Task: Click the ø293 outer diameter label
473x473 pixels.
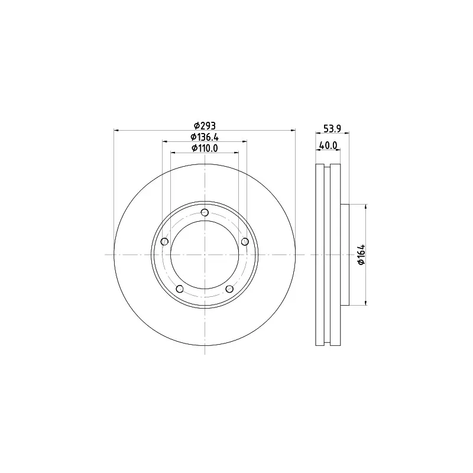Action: click(x=205, y=125)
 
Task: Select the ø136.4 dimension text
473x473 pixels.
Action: click(x=205, y=137)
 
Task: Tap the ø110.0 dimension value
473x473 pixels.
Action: click(x=205, y=148)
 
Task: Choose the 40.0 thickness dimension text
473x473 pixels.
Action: click(x=328, y=145)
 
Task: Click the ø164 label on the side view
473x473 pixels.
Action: click(x=362, y=255)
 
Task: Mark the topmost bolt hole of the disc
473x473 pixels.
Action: click(x=205, y=213)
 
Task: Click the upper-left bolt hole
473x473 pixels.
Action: click(x=165, y=241)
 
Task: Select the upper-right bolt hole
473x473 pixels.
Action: click(x=244, y=241)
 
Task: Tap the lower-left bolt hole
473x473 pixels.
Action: click(x=180, y=289)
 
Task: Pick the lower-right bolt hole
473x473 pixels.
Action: click(x=229, y=289)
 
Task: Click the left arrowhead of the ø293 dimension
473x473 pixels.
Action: click(x=116, y=130)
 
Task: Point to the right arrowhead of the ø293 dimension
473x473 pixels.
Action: click(x=293, y=130)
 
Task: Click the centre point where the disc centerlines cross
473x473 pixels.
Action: click(x=205, y=255)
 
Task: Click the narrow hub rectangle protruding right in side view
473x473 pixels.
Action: click(x=345, y=255)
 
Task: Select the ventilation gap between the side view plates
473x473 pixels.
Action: click(x=328, y=255)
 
